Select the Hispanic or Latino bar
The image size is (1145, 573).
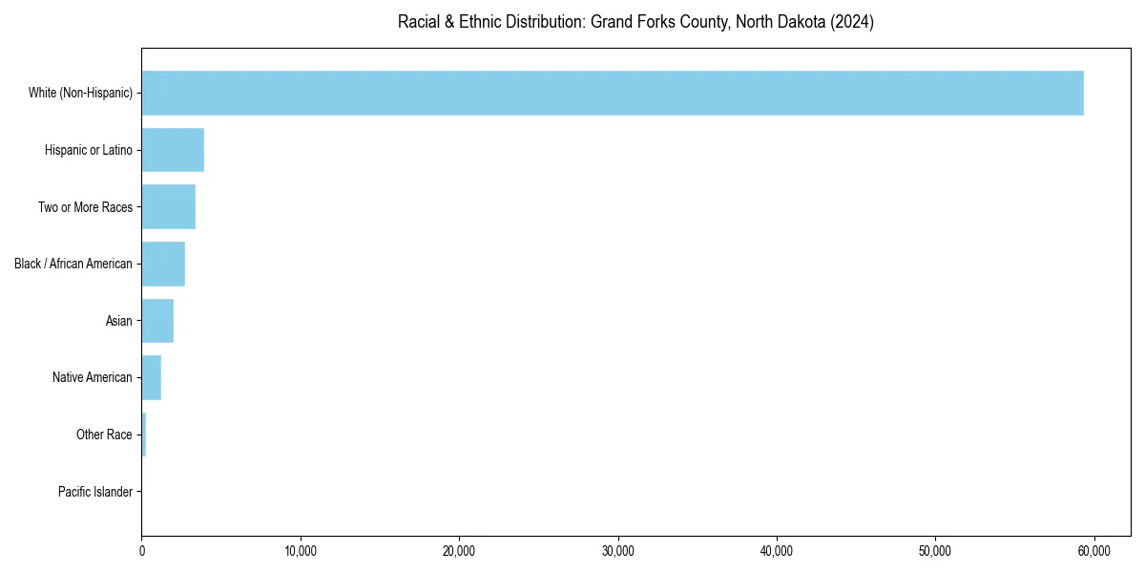(173, 150)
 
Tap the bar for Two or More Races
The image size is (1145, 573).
(168, 206)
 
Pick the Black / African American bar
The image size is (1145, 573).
(163, 264)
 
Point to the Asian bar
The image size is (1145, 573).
(157, 321)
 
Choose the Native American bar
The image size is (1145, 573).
(151, 377)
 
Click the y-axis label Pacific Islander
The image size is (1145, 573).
(95, 492)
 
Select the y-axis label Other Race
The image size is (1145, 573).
(104, 435)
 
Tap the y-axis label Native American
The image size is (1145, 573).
(93, 377)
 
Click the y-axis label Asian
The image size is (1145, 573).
(119, 321)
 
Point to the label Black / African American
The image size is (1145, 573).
(73, 264)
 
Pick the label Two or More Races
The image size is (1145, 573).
(85, 206)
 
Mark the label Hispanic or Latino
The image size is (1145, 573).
(89, 150)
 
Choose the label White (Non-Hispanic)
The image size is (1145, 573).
(80, 93)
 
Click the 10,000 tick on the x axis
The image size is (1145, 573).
(301, 551)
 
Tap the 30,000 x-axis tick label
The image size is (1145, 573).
(618, 551)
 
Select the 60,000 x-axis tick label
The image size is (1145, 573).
(1093, 551)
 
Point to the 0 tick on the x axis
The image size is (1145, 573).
(142, 551)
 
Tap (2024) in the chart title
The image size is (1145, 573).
(853, 22)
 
